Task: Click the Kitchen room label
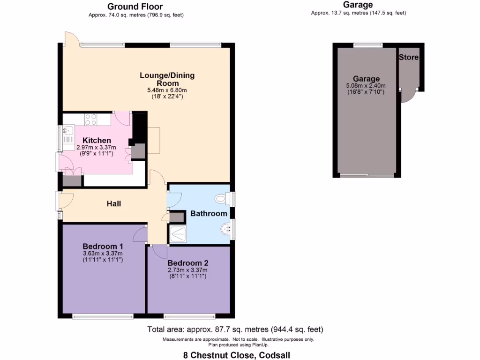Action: point(97,140)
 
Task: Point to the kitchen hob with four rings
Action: point(91,120)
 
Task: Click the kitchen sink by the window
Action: point(67,134)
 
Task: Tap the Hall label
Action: point(114,203)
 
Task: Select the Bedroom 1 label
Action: point(103,247)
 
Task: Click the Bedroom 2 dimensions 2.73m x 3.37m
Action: point(187,270)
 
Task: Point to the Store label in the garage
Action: point(408,57)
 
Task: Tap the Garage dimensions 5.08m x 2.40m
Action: point(366,86)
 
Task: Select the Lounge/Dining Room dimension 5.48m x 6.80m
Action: point(167,90)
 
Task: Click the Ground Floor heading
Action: point(135,7)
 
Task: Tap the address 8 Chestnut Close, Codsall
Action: point(236,355)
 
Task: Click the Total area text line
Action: point(235,329)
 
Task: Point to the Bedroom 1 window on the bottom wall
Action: point(102,317)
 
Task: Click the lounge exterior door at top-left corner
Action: point(70,38)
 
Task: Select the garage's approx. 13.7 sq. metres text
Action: point(358,13)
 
